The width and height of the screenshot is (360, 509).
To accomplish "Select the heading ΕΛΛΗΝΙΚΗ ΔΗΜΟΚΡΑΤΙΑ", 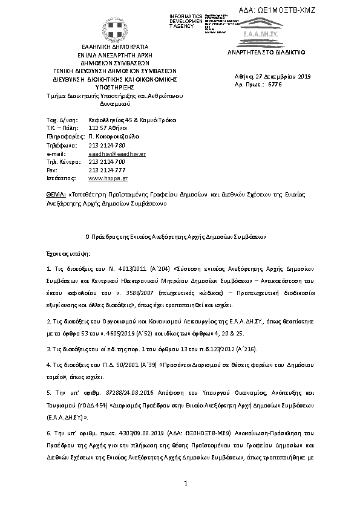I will [x=114, y=47].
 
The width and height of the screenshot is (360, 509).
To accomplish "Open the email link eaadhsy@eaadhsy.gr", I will [x=117, y=154].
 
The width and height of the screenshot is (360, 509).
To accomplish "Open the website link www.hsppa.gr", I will [x=108, y=179].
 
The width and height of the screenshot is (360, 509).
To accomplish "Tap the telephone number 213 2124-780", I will [x=106, y=146].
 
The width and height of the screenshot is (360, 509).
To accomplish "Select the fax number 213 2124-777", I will [x=106, y=170].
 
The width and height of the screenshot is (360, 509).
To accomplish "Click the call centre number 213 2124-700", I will [x=106, y=162].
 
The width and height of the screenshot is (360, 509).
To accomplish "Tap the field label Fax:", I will [x=51, y=170].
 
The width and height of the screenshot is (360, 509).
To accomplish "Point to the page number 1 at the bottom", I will [x=186, y=483].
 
